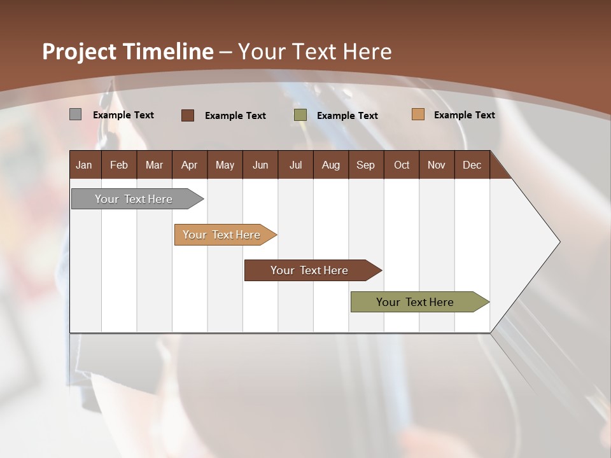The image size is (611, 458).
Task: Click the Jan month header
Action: pyautogui.click(x=84, y=165)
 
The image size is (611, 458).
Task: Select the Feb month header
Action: pyautogui.click(x=119, y=165)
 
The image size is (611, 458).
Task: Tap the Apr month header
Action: pyautogui.click(x=189, y=165)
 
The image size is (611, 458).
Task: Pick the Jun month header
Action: pyautogui.click(x=260, y=165)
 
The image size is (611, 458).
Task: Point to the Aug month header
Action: pyautogui.click(x=330, y=165)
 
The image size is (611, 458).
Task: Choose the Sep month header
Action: pyautogui.click(x=365, y=165)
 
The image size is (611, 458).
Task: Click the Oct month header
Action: pyautogui.click(x=402, y=165)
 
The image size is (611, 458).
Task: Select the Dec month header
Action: pyautogui.click(x=472, y=165)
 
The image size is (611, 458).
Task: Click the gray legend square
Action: pyautogui.click(x=75, y=114)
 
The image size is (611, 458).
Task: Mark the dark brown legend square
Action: pyautogui.click(x=188, y=115)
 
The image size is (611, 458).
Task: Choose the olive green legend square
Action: pyautogui.click(x=300, y=115)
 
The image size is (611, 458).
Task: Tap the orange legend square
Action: pyautogui.click(x=418, y=114)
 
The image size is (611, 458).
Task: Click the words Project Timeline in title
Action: pyautogui.click(x=128, y=52)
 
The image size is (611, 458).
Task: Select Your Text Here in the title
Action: pyautogui.click(x=314, y=52)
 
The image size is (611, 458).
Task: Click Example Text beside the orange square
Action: pyautogui.click(x=464, y=115)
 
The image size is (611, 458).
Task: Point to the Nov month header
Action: pyautogui.click(x=436, y=165)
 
